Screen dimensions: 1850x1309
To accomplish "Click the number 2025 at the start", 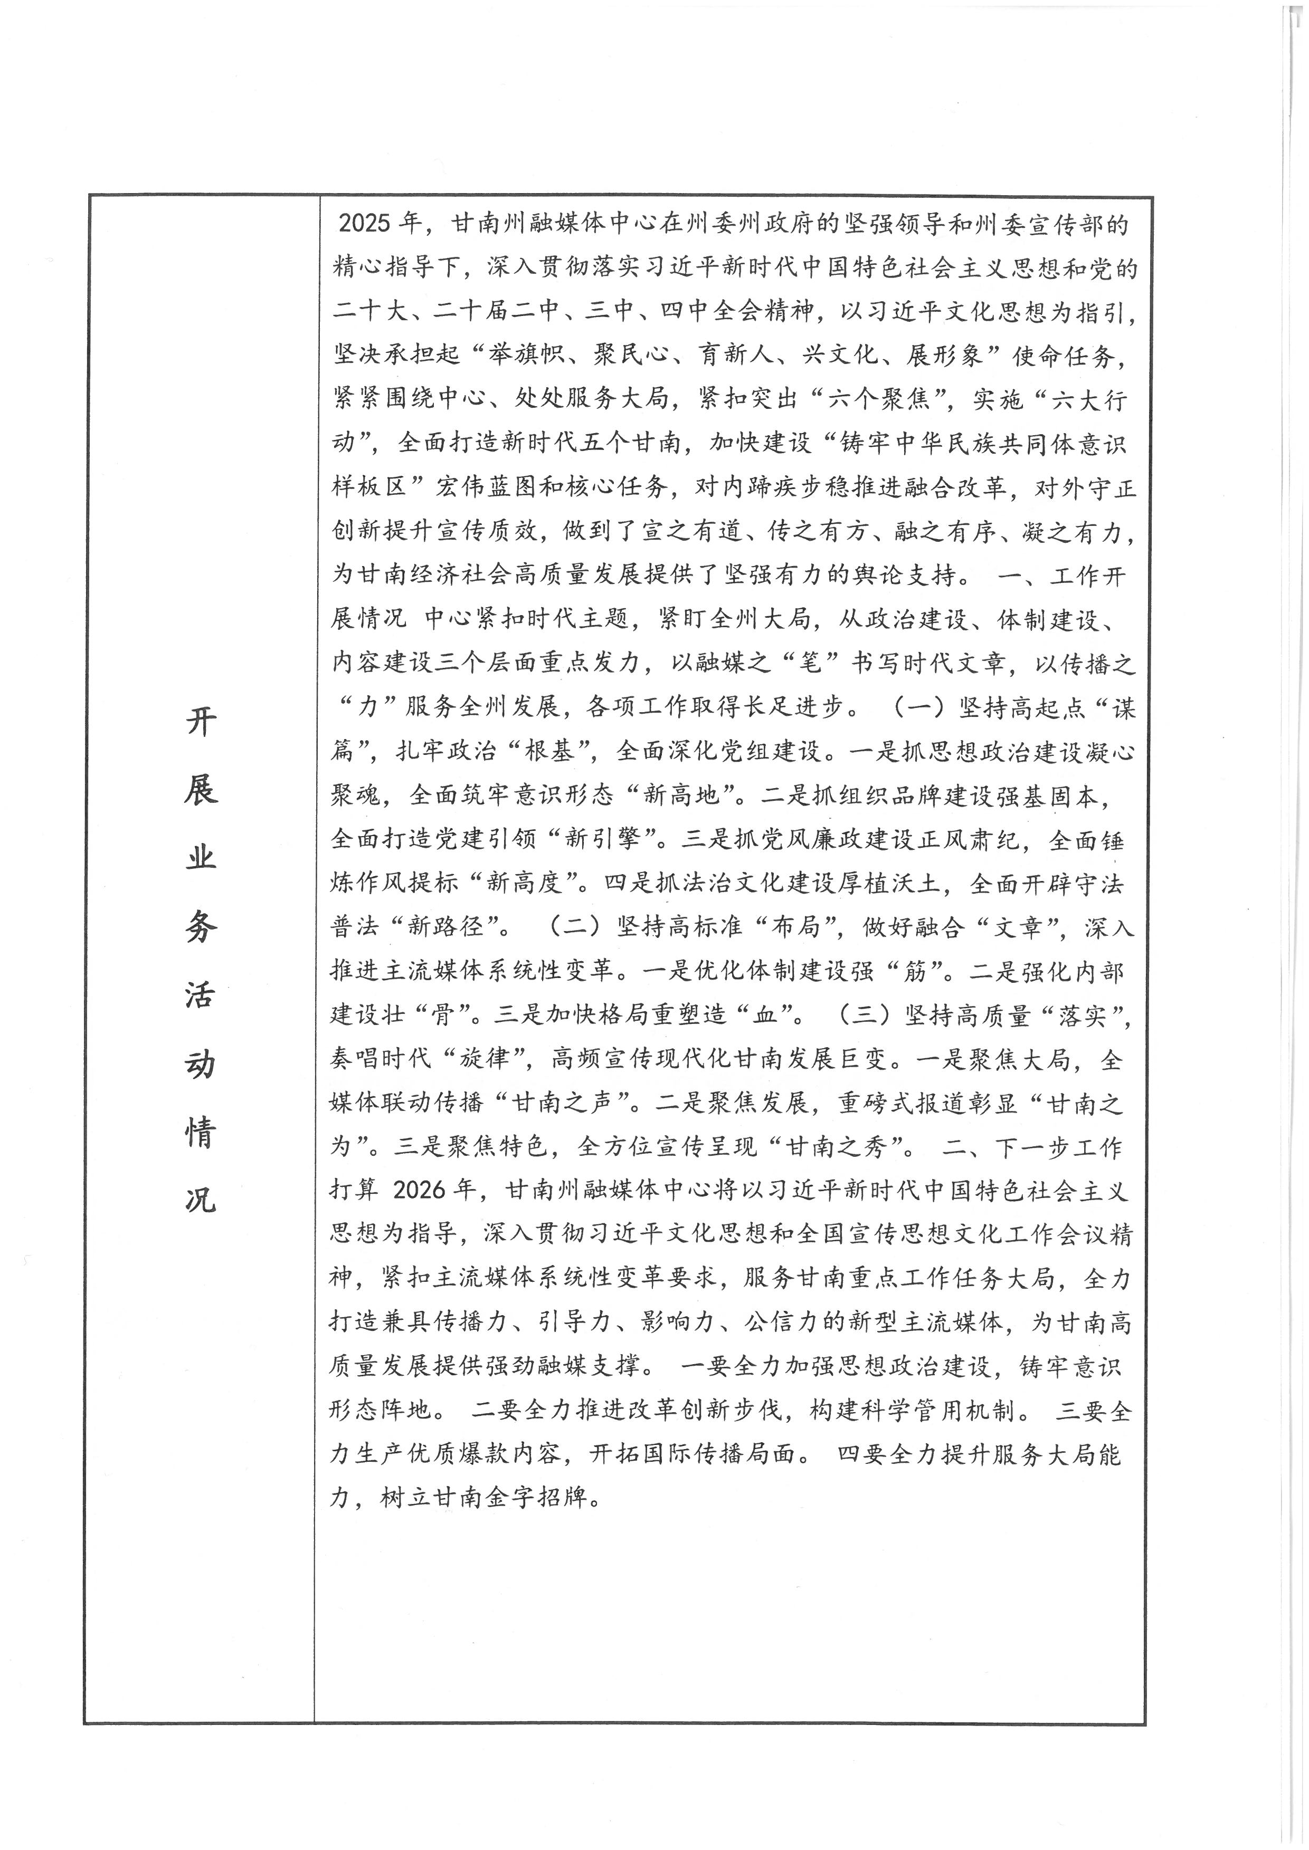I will [x=364, y=223].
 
